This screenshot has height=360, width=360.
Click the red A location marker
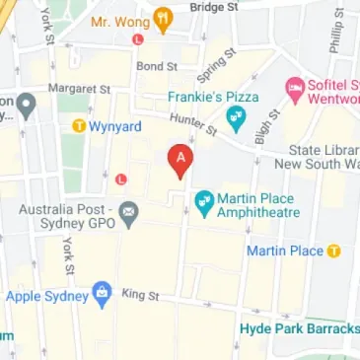(x=179, y=161)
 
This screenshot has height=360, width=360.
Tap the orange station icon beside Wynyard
(x=78, y=125)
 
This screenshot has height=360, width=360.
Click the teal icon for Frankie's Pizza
(x=235, y=121)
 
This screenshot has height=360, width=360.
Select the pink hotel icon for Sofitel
(x=293, y=90)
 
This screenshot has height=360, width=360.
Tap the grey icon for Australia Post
(x=131, y=213)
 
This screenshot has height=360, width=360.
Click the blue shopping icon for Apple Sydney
(x=101, y=293)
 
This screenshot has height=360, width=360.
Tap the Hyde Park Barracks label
(x=297, y=328)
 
